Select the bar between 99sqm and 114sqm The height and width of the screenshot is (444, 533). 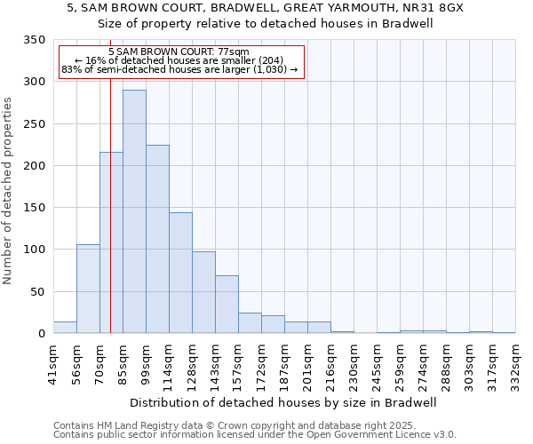click(157, 239)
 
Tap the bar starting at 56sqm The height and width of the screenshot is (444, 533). click(88, 289)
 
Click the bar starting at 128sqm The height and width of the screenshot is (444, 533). click(203, 292)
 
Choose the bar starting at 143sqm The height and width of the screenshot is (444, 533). click(227, 304)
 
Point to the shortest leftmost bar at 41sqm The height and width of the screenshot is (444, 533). click(65, 328)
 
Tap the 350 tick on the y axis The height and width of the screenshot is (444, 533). click(35, 40)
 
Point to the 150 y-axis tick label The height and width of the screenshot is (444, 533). click(35, 208)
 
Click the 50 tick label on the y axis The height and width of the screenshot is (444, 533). click(38, 291)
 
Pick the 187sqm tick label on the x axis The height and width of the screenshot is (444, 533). click(284, 363)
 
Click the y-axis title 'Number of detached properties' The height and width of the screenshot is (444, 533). click(9, 190)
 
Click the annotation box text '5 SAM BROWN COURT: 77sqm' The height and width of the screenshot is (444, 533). click(183, 52)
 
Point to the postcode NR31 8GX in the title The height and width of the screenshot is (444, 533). click(439, 7)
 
